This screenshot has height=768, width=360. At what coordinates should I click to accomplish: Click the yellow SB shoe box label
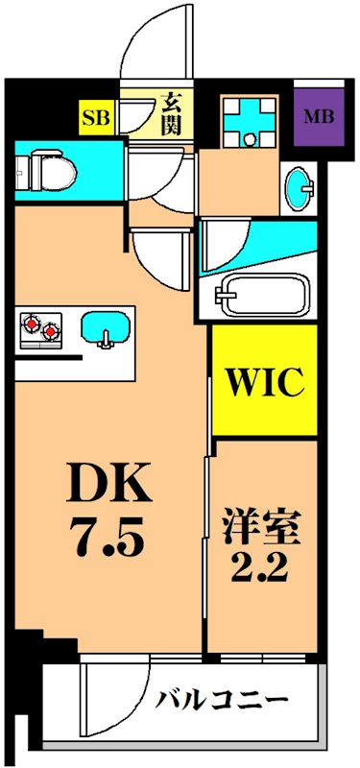96,118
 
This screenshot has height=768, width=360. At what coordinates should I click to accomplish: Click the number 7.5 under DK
108,540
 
